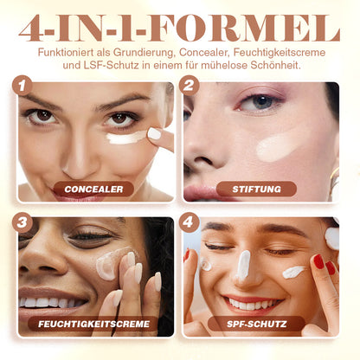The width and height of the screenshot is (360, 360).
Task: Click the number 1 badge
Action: click(22, 86)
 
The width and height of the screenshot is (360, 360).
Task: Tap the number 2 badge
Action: click(189, 86)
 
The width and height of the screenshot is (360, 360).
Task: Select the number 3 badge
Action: click(22, 222)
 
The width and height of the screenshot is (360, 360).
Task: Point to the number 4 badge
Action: click(189, 222)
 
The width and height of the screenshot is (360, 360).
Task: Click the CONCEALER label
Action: click(93, 190)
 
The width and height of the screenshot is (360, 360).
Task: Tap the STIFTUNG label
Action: click(257, 190)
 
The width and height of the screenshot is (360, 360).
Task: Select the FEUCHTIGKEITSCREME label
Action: click(93, 324)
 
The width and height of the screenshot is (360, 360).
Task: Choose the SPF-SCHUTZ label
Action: click(257, 324)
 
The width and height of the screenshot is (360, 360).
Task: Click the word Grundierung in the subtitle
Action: click(145, 53)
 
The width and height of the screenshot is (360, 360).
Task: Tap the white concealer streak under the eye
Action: click(126, 138)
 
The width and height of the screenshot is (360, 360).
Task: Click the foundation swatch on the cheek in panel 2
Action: click(278, 148)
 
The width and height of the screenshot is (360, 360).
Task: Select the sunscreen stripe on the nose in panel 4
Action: click(243, 265)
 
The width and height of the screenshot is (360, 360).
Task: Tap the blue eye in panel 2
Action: click(261, 101)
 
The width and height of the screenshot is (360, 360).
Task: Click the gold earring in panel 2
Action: click(334, 179)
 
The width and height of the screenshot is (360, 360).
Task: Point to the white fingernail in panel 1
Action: click(155, 133)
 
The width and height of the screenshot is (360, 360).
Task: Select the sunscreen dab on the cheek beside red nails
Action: click(293, 272)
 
